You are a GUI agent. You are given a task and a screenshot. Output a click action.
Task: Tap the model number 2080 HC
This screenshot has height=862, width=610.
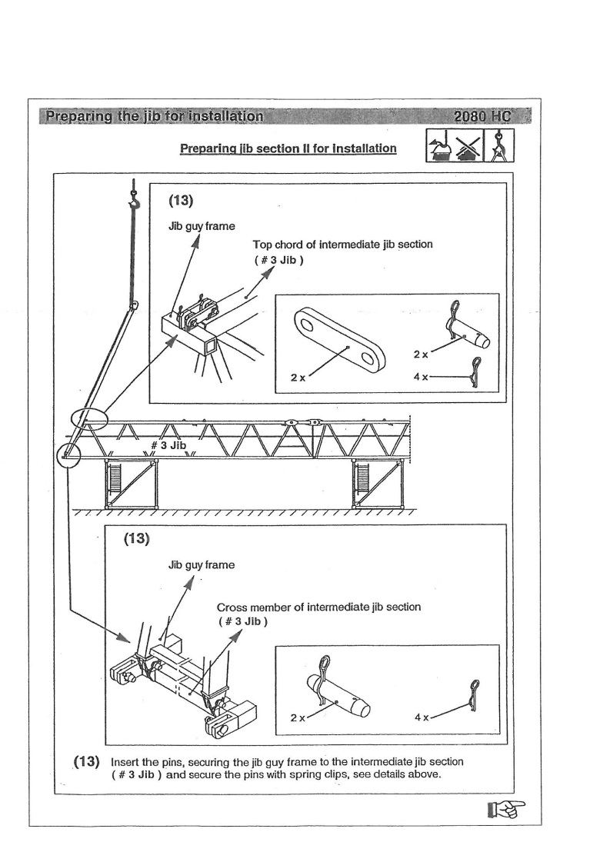[x=485, y=117]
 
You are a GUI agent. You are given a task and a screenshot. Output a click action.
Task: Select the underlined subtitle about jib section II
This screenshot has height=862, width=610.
[x=288, y=148]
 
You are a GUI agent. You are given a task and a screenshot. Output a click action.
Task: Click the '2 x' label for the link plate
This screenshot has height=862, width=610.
[x=297, y=378]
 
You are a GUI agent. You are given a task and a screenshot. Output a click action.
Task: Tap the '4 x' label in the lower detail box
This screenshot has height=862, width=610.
[x=422, y=717]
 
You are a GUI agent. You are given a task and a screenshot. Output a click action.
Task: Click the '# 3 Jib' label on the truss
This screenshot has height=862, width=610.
[x=168, y=445]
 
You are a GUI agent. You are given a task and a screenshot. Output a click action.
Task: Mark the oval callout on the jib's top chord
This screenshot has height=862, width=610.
[x=89, y=418]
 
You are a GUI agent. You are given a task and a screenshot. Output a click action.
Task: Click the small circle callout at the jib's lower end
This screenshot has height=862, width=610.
[x=68, y=455]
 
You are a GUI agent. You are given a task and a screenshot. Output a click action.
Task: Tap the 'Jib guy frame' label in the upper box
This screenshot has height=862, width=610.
[x=202, y=228]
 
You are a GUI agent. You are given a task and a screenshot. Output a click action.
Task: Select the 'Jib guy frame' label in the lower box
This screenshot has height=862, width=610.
[x=202, y=565]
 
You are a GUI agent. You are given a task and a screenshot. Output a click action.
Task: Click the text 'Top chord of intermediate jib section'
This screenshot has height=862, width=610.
[x=343, y=245]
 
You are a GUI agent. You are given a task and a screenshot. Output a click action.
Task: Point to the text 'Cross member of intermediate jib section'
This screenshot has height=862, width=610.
[x=318, y=607]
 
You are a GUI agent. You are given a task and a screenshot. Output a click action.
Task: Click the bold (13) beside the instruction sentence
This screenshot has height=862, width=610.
[x=87, y=761]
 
